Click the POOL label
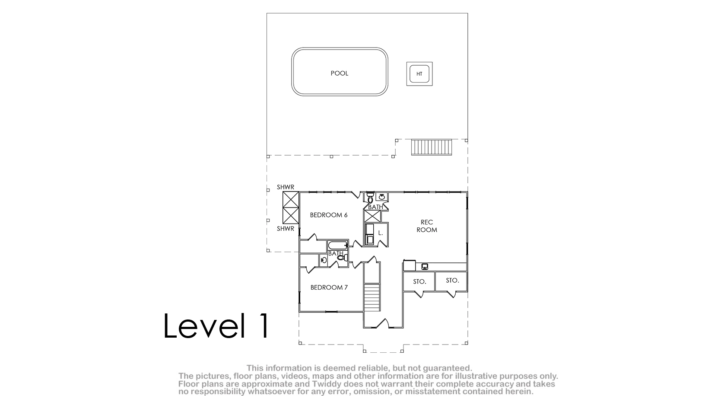(x=339, y=73)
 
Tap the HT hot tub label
(x=419, y=74)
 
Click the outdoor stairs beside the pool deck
(x=432, y=147)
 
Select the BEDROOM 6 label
(x=329, y=215)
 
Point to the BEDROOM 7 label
(x=329, y=287)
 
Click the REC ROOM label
(x=427, y=226)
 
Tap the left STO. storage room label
(x=419, y=281)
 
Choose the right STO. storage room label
(x=452, y=281)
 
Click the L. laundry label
(x=381, y=233)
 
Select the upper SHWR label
(x=286, y=187)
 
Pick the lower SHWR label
(x=286, y=229)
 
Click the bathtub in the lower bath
(x=337, y=245)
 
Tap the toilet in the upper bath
(x=370, y=198)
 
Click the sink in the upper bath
(x=382, y=197)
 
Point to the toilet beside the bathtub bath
(x=342, y=258)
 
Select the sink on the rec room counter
(x=424, y=267)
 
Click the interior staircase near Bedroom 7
(x=372, y=297)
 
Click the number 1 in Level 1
(x=263, y=326)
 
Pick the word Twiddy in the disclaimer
(x=328, y=384)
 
